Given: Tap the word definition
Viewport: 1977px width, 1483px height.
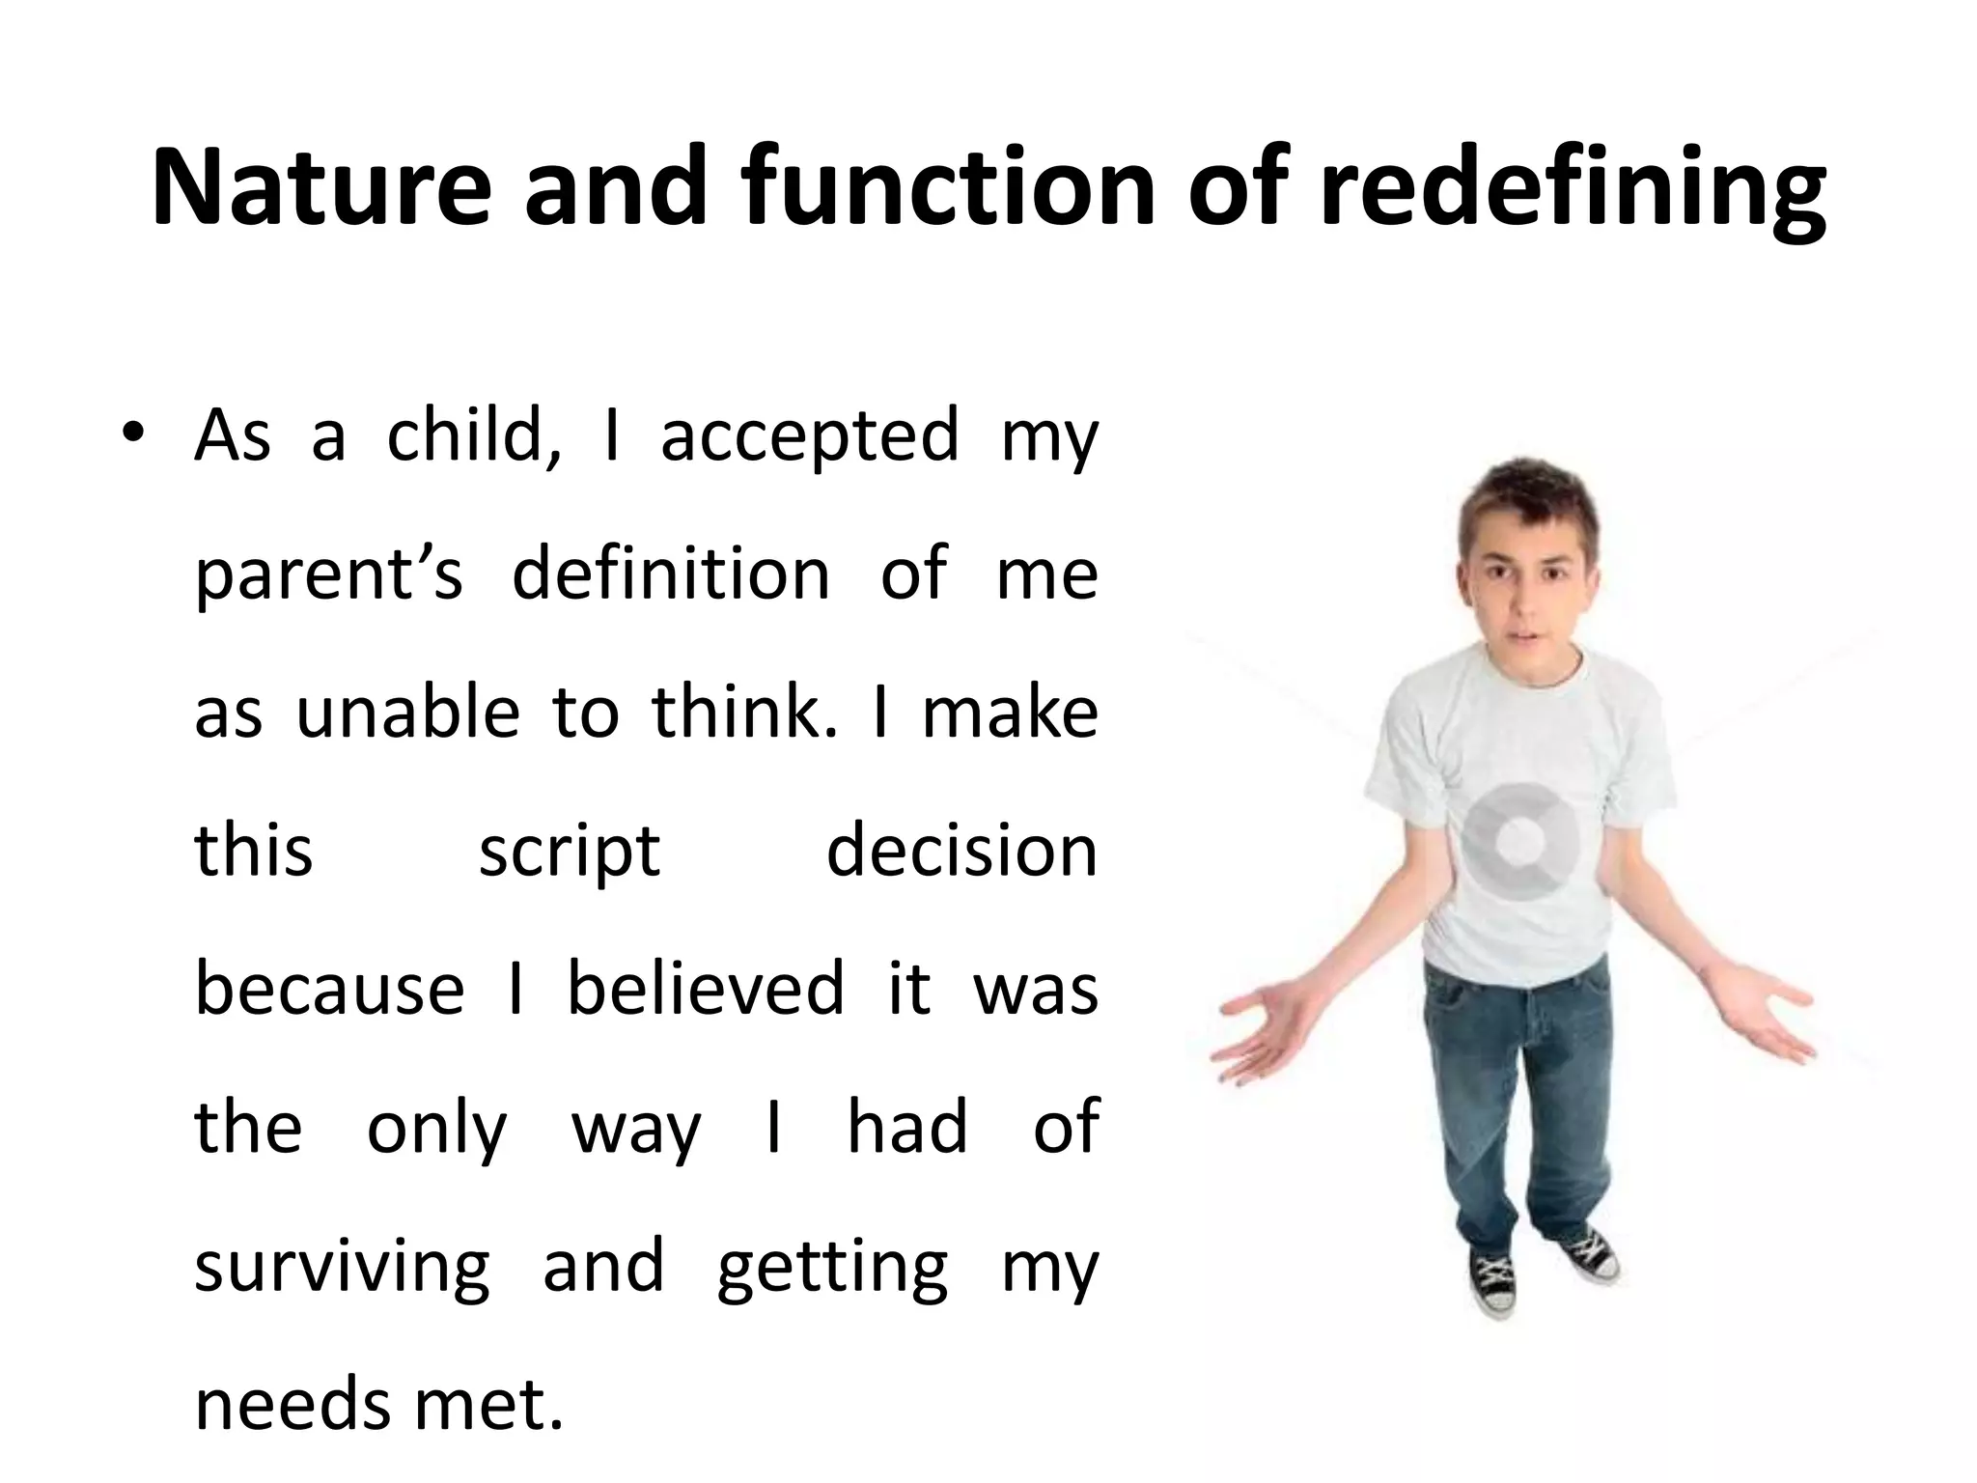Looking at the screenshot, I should tap(671, 574).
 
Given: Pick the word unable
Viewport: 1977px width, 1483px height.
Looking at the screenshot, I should tap(406, 713).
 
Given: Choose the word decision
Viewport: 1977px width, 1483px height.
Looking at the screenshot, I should tap(961, 852).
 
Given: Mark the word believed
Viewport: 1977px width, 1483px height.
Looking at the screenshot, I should tap(705, 990).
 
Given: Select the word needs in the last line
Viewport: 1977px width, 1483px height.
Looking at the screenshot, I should tap(292, 1405).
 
